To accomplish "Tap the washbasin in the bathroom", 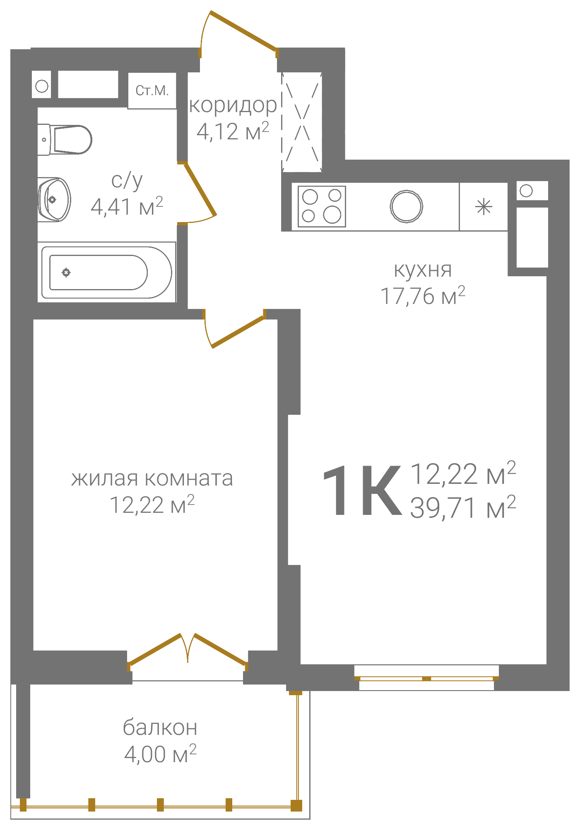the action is coord(55,200).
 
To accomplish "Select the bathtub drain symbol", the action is coord(66,272).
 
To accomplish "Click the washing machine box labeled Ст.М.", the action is coord(152,91).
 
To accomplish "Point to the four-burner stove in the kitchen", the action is coord(322,206).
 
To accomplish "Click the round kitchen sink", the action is coord(406,206).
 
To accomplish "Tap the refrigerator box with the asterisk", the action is coord(484,206).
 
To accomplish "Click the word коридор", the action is coord(233,105).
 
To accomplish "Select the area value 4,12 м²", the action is coord(233,131).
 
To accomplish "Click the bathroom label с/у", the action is coord(127,181).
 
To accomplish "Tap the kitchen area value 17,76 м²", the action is coord(423,295).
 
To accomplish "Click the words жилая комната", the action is coord(152,478).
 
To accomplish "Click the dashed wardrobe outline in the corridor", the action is coord(302,122).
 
